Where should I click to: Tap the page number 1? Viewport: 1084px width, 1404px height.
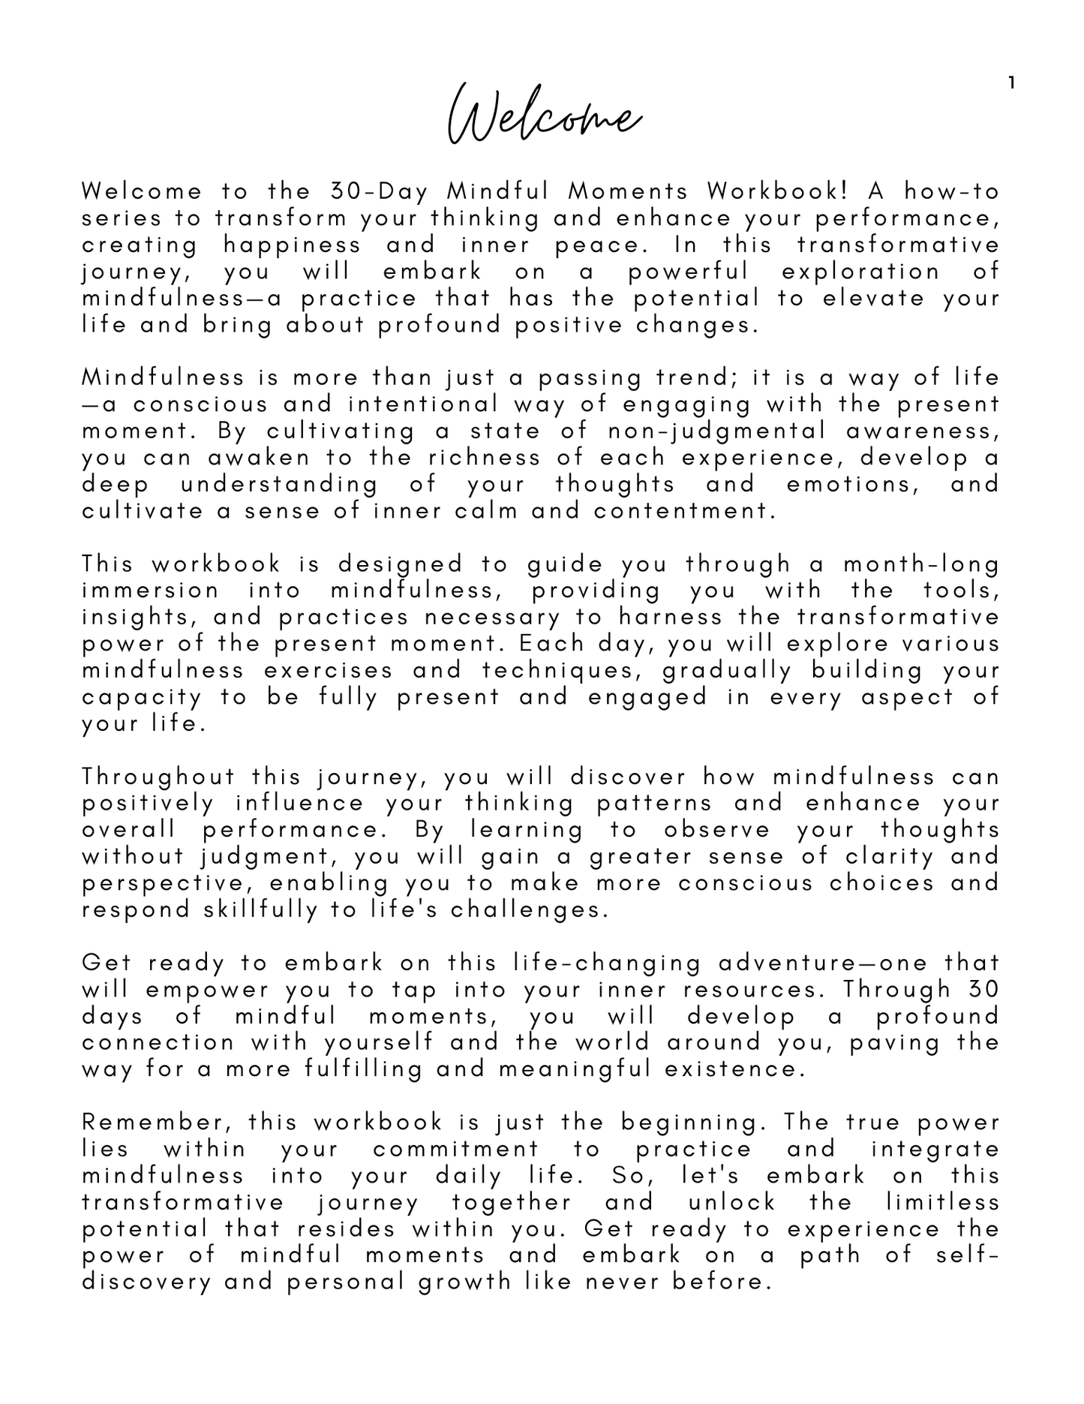tap(1011, 83)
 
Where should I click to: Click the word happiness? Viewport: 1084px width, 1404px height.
tap(293, 245)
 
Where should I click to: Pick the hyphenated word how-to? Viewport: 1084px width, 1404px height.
tap(952, 192)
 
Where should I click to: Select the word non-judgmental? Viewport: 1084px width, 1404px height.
tap(716, 431)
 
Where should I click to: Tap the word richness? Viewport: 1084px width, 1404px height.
tap(485, 458)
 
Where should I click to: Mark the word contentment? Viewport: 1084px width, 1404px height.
tap(683, 511)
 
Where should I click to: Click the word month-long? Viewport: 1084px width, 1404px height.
tap(921, 564)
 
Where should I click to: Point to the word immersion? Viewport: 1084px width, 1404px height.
tap(150, 591)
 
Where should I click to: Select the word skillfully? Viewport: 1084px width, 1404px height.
tap(261, 909)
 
